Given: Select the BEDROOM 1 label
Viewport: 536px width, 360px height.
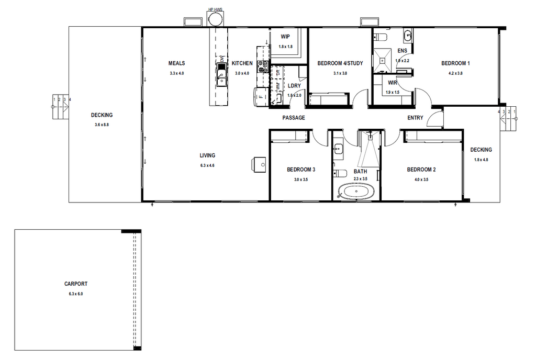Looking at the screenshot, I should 455,63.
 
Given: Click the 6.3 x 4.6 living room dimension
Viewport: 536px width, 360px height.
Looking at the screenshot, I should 207,165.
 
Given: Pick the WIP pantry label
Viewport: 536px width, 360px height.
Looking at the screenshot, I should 285,37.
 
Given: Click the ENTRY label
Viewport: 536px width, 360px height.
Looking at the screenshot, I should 415,118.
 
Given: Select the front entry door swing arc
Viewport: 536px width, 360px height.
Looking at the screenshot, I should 434,119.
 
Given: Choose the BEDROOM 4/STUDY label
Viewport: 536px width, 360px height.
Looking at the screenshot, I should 340,63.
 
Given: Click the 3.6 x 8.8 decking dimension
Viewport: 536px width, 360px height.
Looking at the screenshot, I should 102,125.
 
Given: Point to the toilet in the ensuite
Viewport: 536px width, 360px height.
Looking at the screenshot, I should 381,37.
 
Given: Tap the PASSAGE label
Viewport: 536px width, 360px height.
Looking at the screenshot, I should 294,118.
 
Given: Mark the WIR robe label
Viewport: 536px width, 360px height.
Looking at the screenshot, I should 393,82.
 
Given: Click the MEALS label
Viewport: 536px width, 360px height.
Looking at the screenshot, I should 177,63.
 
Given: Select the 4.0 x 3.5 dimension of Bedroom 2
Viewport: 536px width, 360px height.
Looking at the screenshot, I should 421,179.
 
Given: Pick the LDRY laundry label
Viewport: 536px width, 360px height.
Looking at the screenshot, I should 294,86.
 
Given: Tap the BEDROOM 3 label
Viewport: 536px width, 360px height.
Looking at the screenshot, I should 301,170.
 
